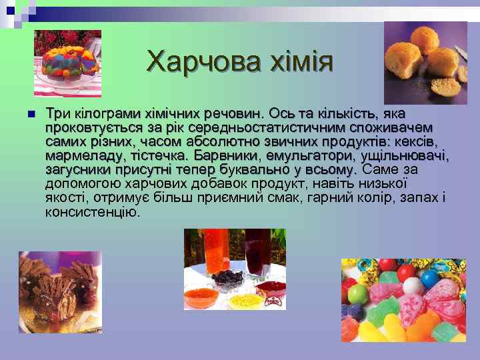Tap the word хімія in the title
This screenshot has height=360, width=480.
click(x=297, y=63)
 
